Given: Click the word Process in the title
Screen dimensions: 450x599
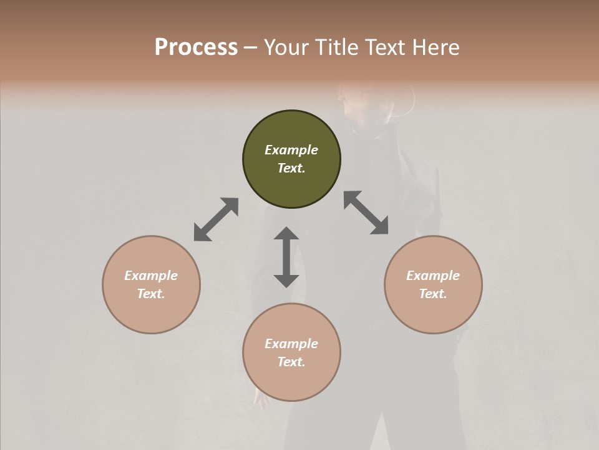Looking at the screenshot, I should click(x=196, y=47).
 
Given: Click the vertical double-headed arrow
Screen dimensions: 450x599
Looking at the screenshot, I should click(x=286, y=257).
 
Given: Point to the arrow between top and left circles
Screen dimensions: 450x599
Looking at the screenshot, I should click(x=216, y=219).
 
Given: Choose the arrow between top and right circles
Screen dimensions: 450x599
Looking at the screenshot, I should click(x=366, y=212).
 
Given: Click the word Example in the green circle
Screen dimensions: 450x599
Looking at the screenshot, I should click(x=291, y=150).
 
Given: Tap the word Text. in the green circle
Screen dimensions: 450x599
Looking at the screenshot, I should click(x=291, y=168).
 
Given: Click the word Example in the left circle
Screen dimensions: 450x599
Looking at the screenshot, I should click(x=151, y=276).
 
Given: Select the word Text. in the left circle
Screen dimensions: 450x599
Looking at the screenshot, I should click(x=151, y=294).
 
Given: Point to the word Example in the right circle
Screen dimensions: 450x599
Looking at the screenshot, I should click(x=433, y=276).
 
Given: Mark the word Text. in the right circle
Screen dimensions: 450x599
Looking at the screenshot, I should click(x=433, y=294).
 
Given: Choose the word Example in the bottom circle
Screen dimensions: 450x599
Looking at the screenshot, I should click(x=291, y=344).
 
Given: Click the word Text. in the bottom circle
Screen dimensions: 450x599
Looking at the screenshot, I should click(x=291, y=362).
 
